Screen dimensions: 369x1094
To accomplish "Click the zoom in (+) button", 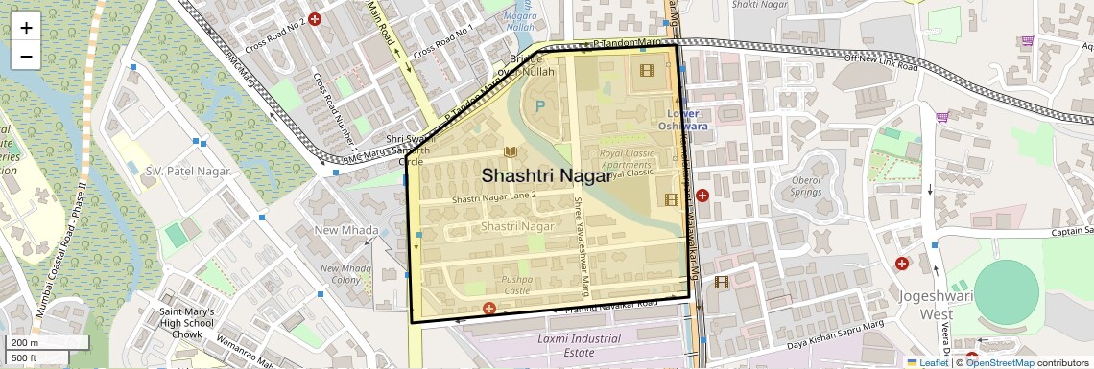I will click(26, 27).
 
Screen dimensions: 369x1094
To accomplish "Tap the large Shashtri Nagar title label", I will click(545, 175).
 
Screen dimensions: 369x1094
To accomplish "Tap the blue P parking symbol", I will click(539, 105).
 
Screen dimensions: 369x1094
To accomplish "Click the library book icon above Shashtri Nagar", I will click(511, 152).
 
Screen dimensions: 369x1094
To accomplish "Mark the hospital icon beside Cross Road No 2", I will click(314, 18).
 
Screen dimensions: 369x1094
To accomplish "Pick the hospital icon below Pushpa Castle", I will click(489, 309).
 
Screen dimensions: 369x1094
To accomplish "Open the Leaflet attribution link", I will click(927, 362).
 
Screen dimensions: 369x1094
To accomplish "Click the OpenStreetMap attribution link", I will click(999, 362).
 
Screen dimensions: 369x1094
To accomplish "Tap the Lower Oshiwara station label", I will click(687, 119).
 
